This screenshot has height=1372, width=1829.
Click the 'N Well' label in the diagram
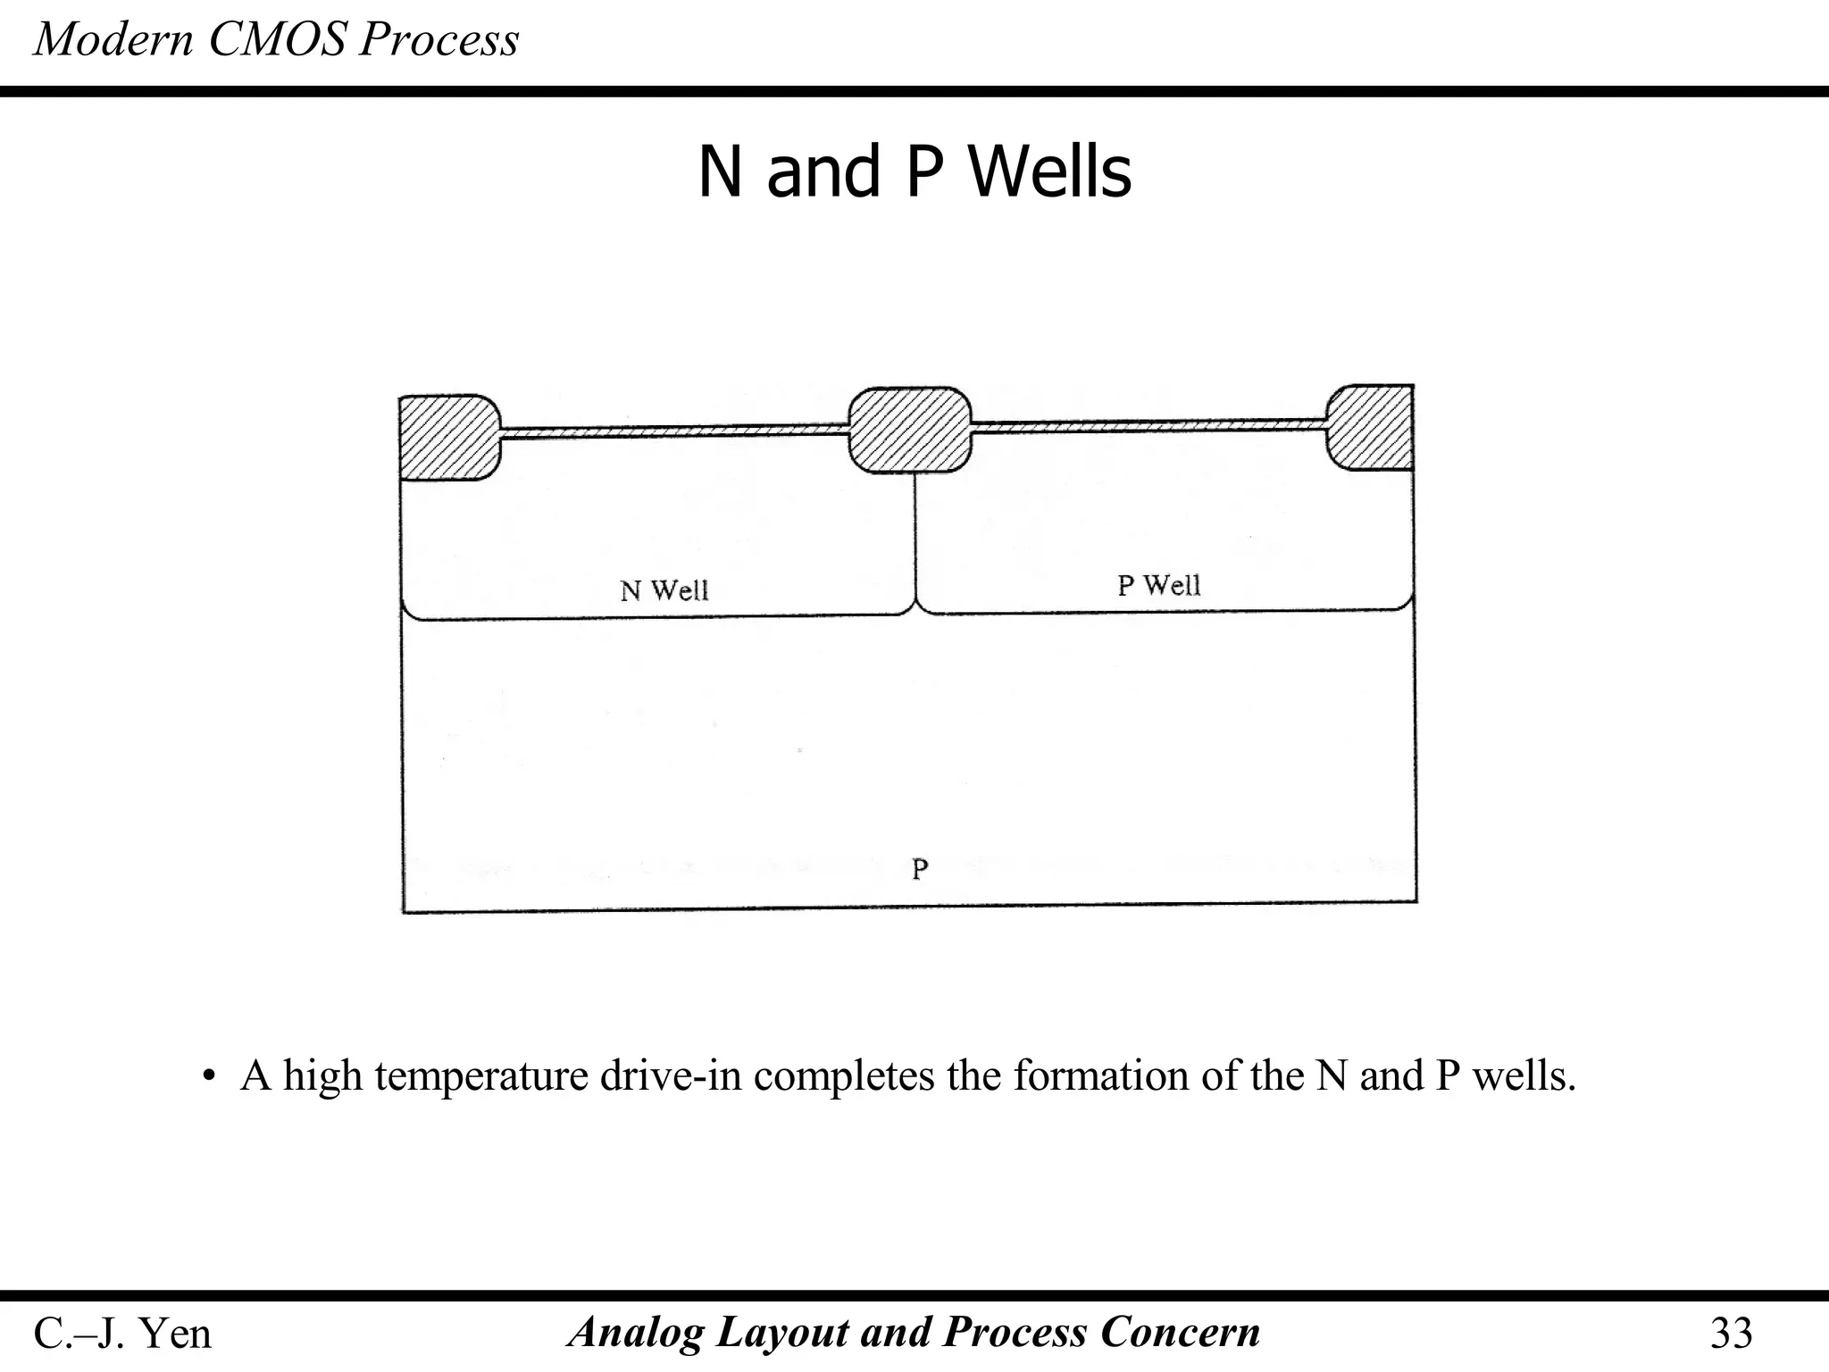(x=664, y=590)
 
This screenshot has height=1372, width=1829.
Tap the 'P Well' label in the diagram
(x=1158, y=585)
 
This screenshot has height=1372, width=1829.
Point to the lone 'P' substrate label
(x=920, y=868)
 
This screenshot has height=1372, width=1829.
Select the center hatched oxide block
(x=909, y=430)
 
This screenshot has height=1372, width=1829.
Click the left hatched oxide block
(x=448, y=437)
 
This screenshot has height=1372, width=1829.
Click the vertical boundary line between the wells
(x=915, y=536)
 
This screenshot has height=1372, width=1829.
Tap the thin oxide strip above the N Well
(x=674, y=431)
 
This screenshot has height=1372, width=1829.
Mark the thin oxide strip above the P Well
(x=1148, y=424)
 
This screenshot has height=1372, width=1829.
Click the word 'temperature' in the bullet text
(x=480, y=1076)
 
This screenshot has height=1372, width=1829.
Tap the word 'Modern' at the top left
(x=113, y=40)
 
